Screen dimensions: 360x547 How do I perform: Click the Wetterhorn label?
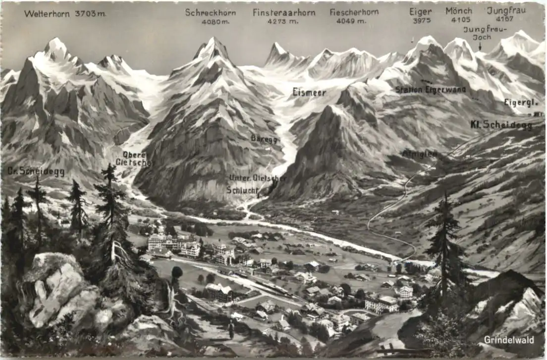coord(48,14)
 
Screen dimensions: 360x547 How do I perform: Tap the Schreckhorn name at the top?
coord(211,12)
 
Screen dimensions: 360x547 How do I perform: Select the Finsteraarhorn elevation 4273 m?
coord(283,21)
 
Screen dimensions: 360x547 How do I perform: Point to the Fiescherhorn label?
coord(354,12)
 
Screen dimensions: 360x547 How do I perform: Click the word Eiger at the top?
coord(421,11)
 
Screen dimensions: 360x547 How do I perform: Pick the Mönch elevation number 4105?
coord(458,19)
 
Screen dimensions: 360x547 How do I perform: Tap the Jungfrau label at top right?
coord(506,10)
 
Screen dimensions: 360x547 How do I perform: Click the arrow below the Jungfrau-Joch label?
coord(480,46)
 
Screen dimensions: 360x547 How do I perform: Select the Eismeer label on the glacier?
coord(309,92)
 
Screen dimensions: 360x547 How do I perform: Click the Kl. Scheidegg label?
coord(501,125)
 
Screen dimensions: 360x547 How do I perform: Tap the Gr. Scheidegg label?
coord(36,171)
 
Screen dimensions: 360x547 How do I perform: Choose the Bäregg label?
coord(264,138)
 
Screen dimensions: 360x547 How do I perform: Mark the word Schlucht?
coord(243,189)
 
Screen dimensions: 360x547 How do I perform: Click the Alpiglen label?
coord(419,154)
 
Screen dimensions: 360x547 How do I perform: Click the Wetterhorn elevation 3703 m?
coord(90,14)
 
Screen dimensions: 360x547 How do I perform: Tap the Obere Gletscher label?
coord(133,158)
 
